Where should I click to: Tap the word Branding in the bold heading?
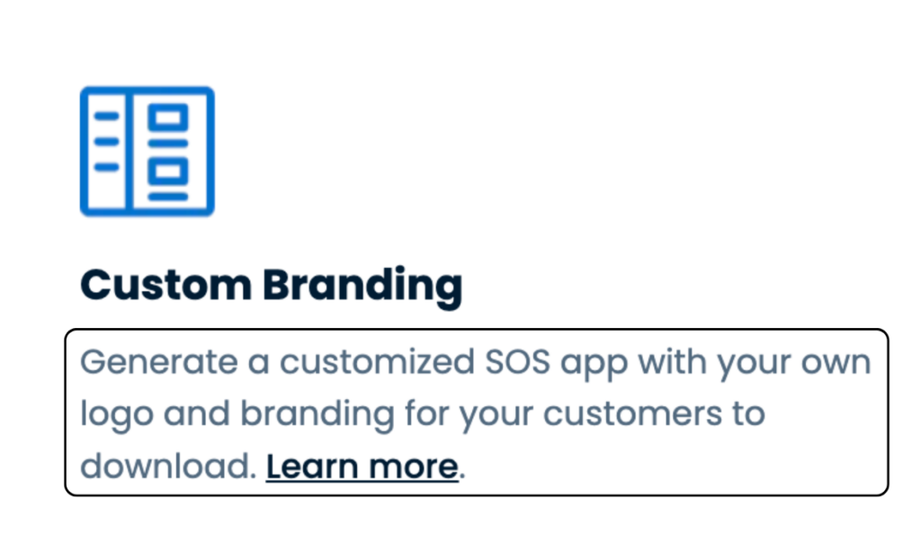[362, 287]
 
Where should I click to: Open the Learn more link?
[362, 466]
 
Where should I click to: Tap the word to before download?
[746, 414]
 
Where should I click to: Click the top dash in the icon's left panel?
[106, 116]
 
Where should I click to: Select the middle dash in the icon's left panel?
[106, 141]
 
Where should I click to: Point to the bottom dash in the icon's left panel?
[106, 166]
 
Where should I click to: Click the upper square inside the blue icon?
[168, 118]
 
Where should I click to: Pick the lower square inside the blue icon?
[168, 169]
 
